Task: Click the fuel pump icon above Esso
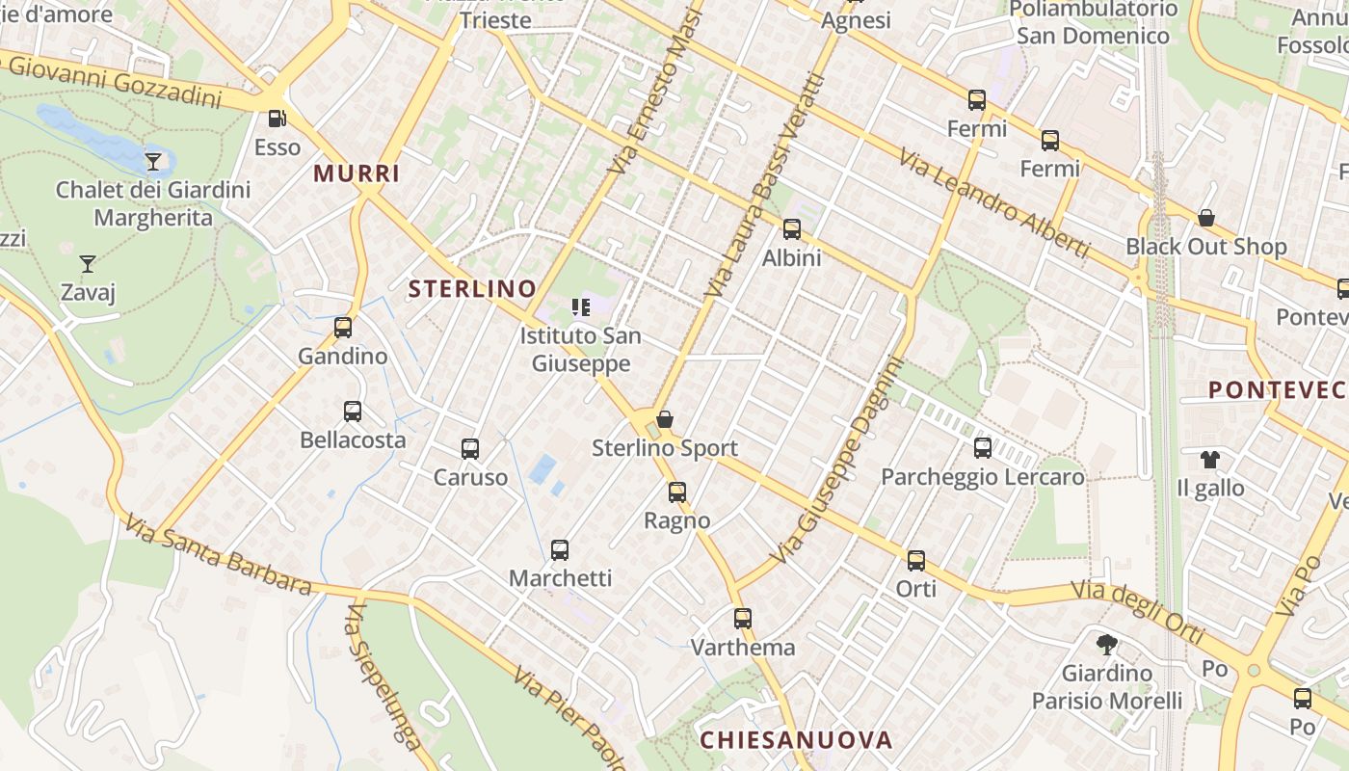277,119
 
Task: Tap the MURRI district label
357,174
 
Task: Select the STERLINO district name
472,288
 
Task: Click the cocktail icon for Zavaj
88,263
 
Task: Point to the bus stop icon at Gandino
343,328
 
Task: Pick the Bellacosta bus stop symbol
353,412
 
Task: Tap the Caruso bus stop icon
470,449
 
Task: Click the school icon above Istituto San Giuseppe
580,307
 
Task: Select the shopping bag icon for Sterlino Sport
664,419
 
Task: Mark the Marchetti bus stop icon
560,550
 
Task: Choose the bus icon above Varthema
742,619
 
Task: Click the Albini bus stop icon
792,229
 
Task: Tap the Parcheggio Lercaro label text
983,477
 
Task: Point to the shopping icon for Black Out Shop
1205,218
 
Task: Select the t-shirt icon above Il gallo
1210,460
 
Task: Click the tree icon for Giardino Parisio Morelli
1107,644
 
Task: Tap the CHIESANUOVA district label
796,740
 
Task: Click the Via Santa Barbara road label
219,554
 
